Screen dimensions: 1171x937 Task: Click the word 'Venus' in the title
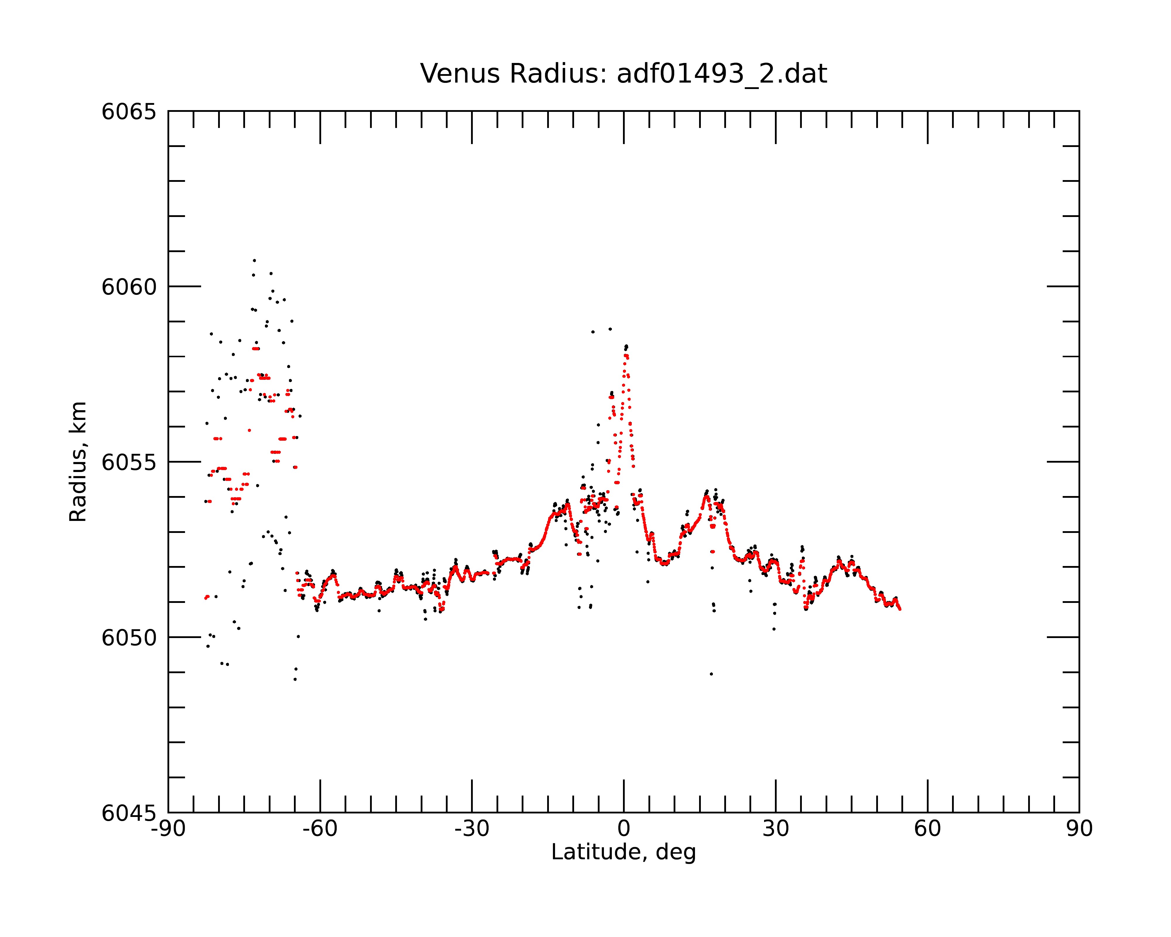tap(460, 74)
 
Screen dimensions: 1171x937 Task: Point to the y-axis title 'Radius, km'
tap(78, 462)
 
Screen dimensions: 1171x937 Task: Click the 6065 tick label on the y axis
tap(129, 112)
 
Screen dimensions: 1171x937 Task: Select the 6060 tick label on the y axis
tap(129, 287)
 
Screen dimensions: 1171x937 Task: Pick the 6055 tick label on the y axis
tap(129, 462)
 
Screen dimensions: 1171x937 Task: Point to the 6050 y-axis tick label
tap(129, 638)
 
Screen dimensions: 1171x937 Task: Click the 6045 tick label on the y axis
tap(129, 813)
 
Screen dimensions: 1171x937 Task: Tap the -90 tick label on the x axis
tap(168, 829)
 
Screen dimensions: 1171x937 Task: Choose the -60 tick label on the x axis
tap(320, 829)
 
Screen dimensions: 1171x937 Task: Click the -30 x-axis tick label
tap(472, 829)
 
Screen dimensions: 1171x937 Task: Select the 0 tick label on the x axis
tap(624, 829)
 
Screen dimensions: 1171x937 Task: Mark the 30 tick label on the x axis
tap(775, 829)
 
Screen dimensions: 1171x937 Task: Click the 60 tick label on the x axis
tap(927, 829)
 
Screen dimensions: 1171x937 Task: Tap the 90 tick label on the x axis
tap(1079, 829)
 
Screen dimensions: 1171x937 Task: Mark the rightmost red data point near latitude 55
tap(900, 609)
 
